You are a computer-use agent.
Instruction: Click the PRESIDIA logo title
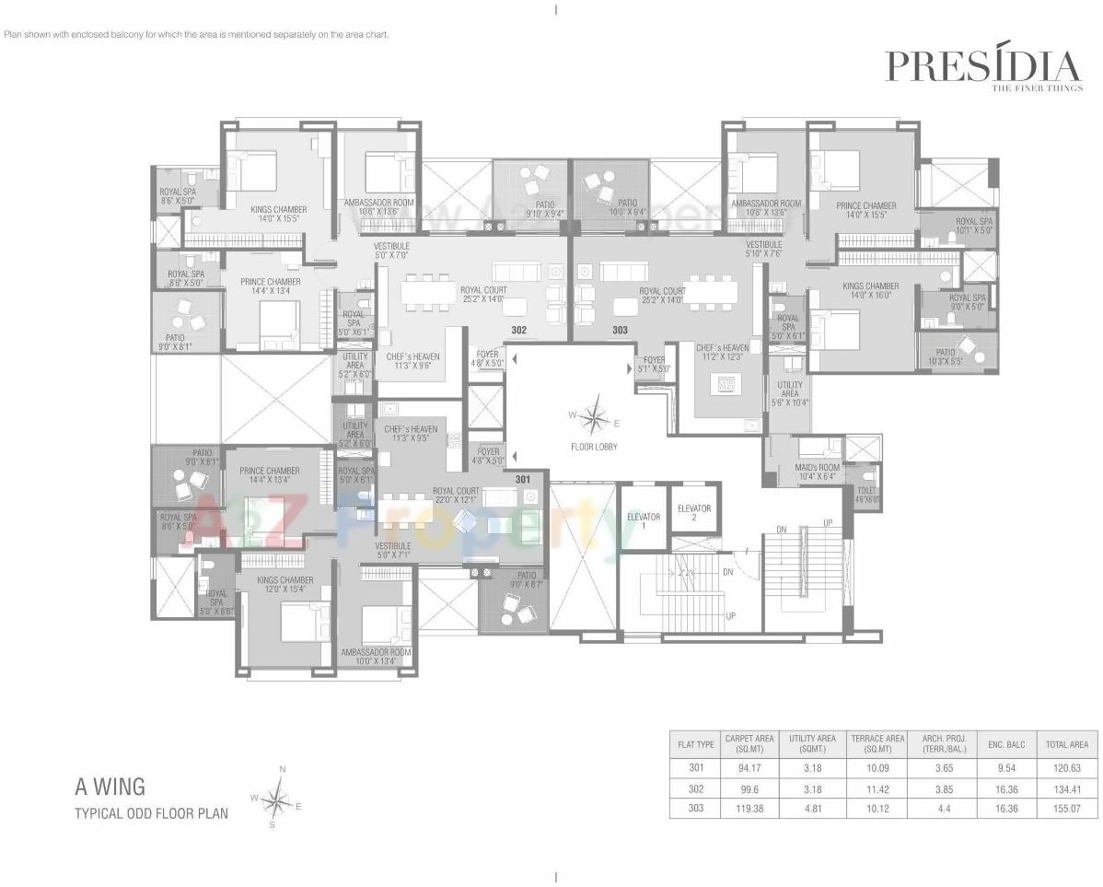point(981,66)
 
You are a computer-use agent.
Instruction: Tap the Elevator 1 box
point(643,521)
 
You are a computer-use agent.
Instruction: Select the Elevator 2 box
point(693,512)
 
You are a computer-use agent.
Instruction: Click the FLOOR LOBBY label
point(593,447)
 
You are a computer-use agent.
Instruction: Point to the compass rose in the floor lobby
point(595,417)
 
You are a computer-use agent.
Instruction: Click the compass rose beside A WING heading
point(276,798)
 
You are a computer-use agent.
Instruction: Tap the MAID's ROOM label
point(815,472)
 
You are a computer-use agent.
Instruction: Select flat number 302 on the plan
point(518,329)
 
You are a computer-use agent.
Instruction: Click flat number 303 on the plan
point(620,329)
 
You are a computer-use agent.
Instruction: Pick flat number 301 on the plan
point(523,479)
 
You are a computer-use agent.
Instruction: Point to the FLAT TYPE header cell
point(695,743)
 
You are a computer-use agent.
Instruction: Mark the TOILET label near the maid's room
point(866,495)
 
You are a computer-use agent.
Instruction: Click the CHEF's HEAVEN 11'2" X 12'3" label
point(722,352)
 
